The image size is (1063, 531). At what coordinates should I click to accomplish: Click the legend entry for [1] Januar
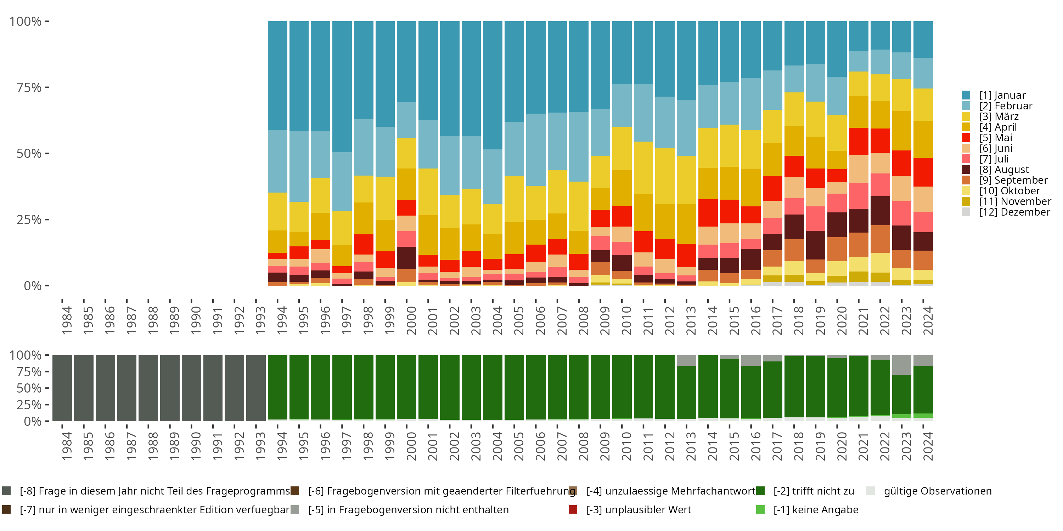(1002, 95)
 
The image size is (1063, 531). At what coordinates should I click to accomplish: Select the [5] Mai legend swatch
(966, 138)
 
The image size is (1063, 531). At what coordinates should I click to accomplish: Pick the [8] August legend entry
(1003, 170)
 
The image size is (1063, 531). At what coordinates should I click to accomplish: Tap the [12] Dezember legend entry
(1014, 212)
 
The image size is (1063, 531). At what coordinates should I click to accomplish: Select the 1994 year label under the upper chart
(282, 320)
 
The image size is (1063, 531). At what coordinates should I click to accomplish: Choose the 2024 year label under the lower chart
(927, 446)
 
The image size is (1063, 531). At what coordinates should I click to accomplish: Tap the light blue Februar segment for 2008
(579, 146)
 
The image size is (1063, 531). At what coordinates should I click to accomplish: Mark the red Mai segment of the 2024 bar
(923, 172)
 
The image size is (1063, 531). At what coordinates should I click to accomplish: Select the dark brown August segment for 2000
(406, 258)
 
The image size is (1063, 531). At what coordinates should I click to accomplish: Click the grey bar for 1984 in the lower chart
(62, 388)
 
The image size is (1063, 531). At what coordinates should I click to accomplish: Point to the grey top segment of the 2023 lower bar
(902, 365)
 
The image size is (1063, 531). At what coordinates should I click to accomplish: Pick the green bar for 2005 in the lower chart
(514, 388)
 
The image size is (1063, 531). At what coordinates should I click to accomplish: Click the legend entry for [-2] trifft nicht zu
(813, 491)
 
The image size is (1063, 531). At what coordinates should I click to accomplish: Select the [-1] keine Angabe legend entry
(815, 509)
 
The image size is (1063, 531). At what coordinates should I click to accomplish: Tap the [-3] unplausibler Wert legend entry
(638, 509)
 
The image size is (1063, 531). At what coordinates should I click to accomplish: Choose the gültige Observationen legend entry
(937, 491)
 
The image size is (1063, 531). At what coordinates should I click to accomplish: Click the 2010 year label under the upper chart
(626, 320)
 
